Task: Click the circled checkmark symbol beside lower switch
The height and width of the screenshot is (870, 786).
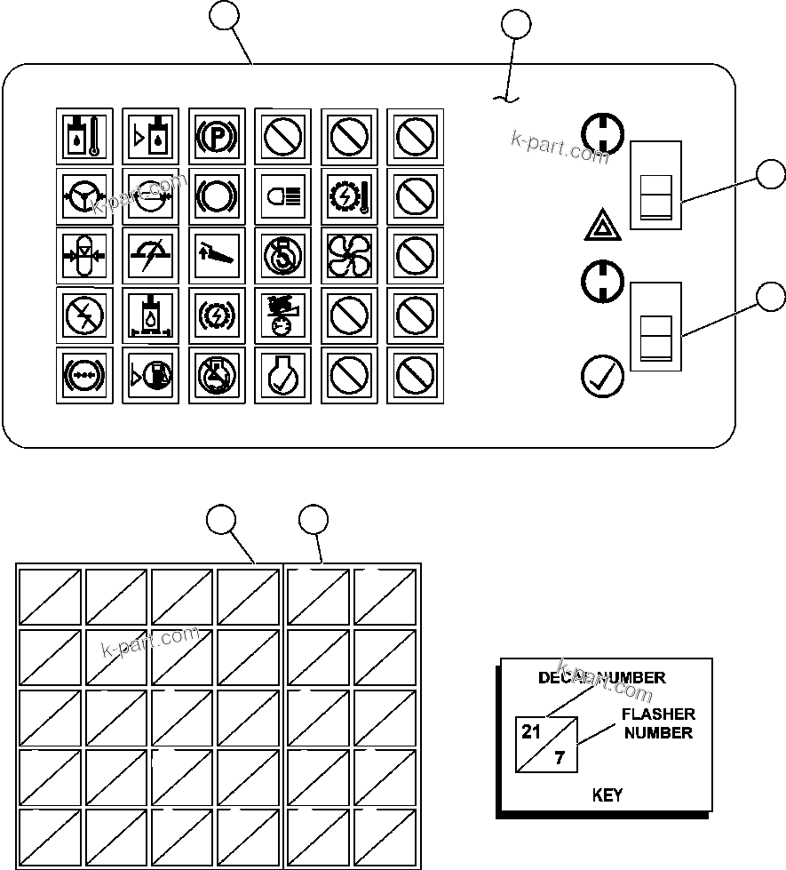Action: click(x=601, y=377)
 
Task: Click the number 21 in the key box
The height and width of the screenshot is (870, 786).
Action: click(x=531, y=732)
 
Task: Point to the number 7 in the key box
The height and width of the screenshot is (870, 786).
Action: click(x=559, y=759)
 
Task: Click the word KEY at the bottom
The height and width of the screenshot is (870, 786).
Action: click(x=607, y=795)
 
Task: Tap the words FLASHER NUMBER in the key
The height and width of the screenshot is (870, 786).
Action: click(x=658, y=723)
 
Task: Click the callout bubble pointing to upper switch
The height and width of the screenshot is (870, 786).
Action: click(x=771, y=174)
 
